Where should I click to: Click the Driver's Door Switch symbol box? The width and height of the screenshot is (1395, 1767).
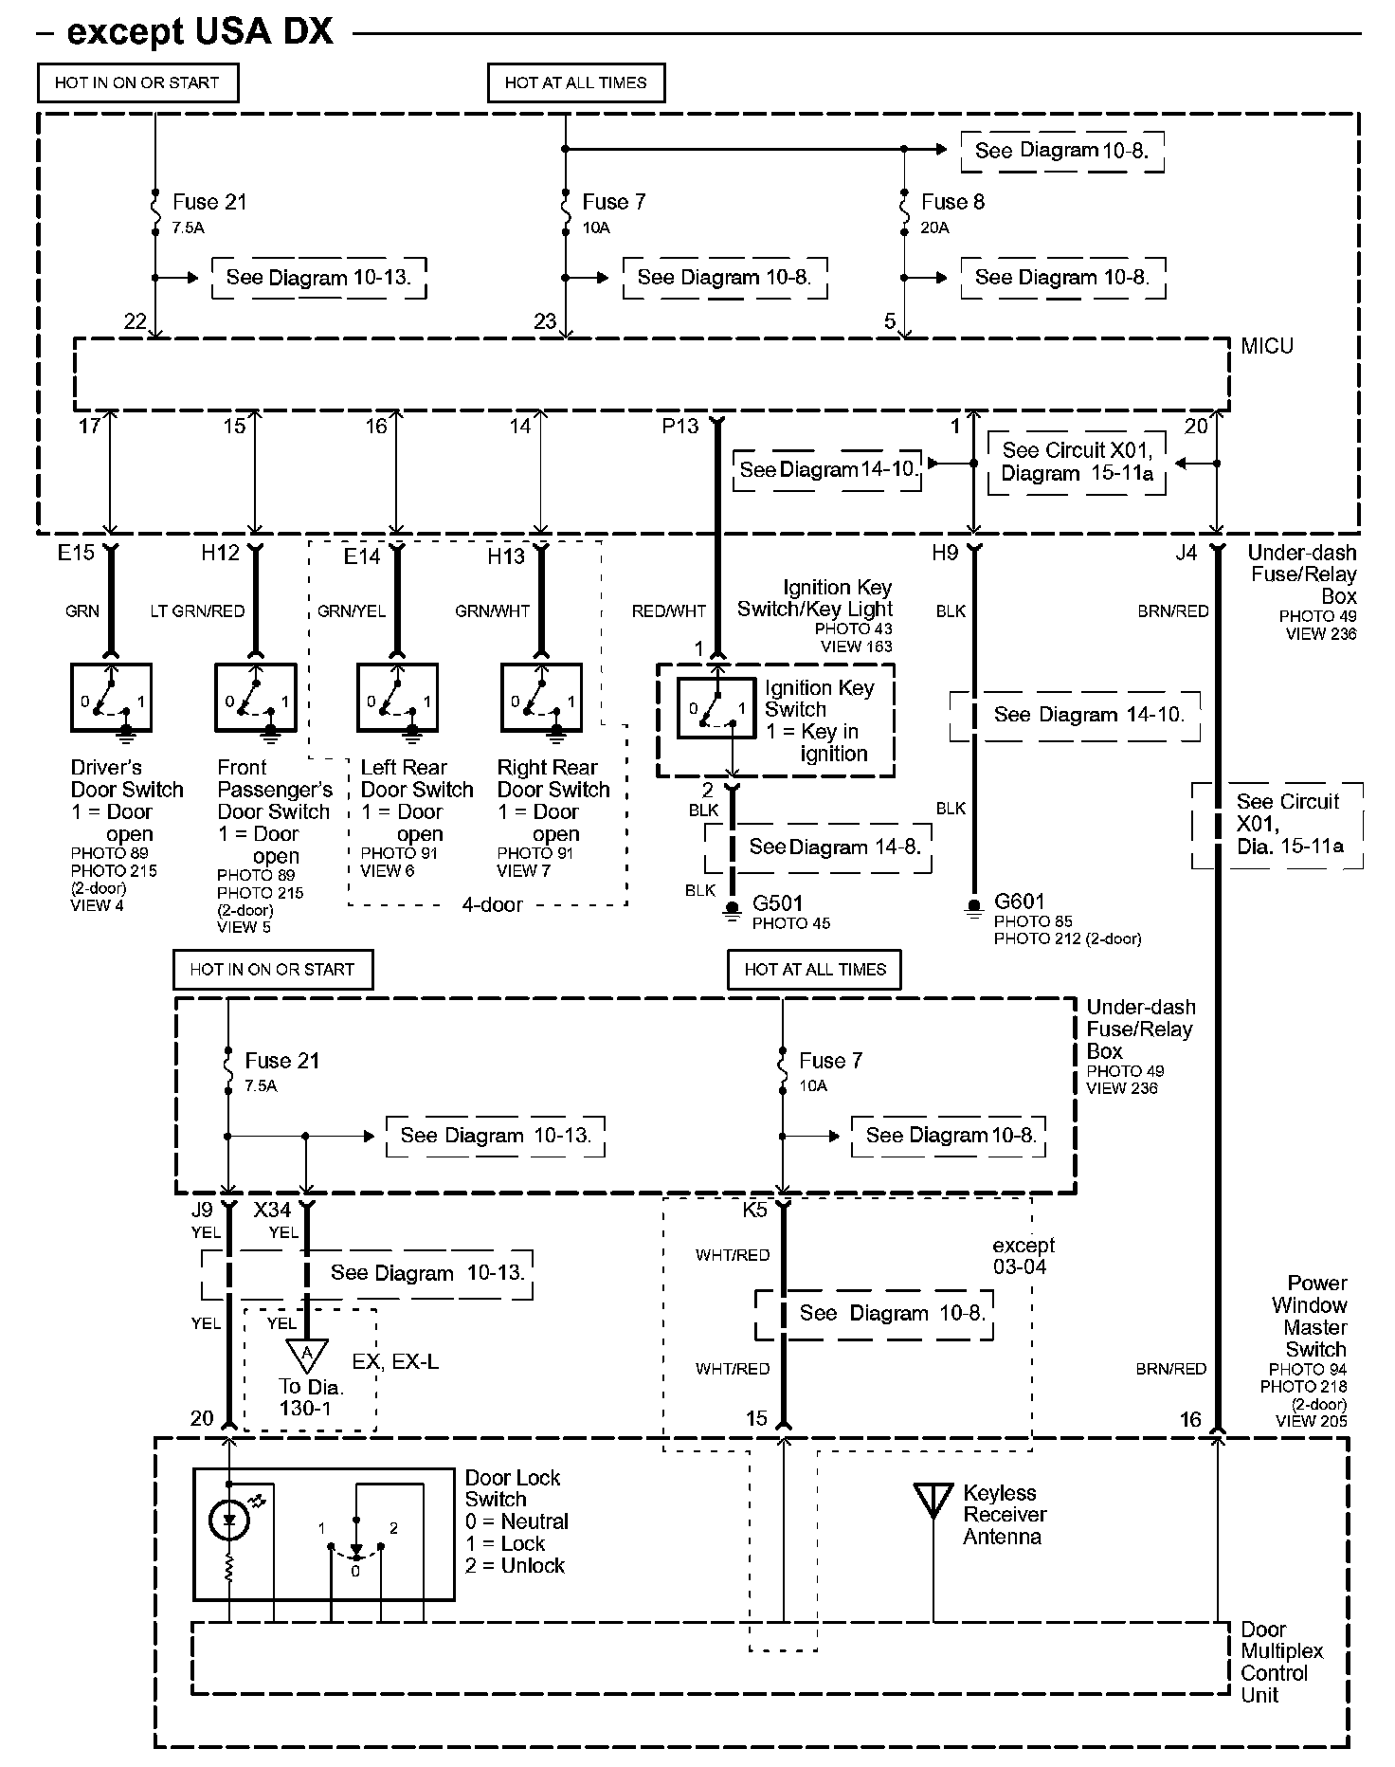[111, 698]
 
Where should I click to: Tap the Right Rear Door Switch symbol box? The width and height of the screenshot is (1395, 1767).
[541, 698]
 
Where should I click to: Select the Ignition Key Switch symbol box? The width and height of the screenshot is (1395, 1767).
[716, 709]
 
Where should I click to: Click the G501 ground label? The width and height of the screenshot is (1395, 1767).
[777, 902]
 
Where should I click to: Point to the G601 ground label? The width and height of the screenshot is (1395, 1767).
[1019, 902]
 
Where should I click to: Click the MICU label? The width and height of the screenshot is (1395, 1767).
[1267, 346]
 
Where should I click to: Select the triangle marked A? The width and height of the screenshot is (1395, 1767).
[306, 1355]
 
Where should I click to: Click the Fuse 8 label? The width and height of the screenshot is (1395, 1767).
[952, 202]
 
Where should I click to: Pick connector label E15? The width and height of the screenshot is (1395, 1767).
[76, 553]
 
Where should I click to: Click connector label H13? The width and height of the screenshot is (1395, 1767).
[505, 556]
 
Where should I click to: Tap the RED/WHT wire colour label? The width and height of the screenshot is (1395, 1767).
[669, 611]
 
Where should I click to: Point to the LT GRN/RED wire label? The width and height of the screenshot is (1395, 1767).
[197, 611]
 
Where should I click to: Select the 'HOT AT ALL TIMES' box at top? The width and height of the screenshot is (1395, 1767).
[575, 83]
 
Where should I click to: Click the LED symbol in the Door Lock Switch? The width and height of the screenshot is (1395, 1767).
[228, 1521]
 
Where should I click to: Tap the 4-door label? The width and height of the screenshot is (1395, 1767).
[492, 904]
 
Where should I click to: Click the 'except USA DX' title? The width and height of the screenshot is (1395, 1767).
[200, 32]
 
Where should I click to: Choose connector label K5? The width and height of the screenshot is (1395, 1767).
[754, 1211]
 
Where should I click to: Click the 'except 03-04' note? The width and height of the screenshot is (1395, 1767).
[1023, 1256]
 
